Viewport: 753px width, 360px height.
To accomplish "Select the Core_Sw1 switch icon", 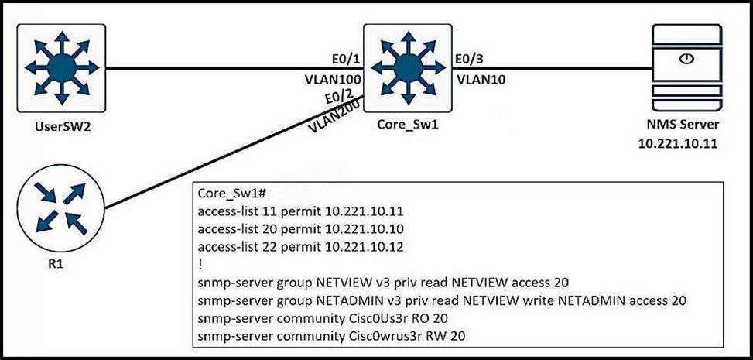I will tap(400, 67).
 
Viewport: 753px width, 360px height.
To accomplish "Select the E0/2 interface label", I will tap(339, 97).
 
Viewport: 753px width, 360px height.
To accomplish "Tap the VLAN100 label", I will tap(332, 79).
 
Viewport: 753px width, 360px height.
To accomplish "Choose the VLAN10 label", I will tap(481, 79).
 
